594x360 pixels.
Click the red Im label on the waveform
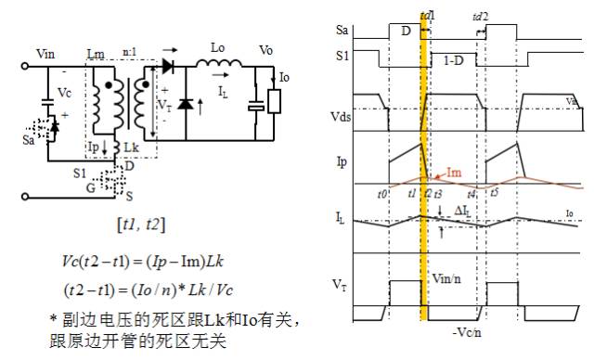455,172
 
